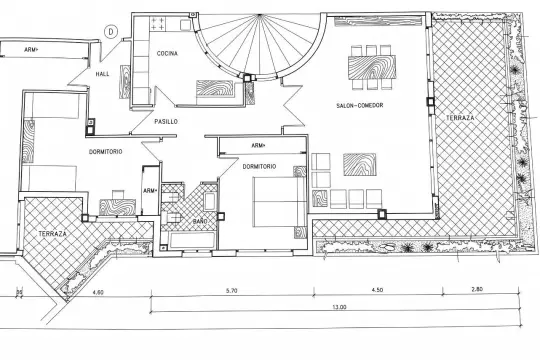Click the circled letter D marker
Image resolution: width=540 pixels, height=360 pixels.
(x=111, y=32)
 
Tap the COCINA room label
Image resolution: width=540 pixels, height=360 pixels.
(x=167, y=53)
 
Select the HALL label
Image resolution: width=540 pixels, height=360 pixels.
(x=102, y=74)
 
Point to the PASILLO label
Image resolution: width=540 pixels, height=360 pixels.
(x=166, y=122)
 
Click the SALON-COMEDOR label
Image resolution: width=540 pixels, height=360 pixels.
(x=360, y=105)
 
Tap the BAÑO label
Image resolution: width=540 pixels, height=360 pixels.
(x=200, y=221)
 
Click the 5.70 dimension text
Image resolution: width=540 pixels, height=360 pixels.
(x=232, y=290)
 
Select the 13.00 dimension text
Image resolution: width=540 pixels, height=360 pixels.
(x=339, y=307)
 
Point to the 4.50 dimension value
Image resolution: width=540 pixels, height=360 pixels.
(x=377, y=290)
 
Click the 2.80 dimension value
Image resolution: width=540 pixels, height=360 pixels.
(x=477, y=289)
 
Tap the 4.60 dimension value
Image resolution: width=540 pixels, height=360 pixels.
(x=98, y=292)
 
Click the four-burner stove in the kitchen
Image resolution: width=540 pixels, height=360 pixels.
(x=158, y=23)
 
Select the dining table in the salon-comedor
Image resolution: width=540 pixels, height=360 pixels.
(x=372, y=67)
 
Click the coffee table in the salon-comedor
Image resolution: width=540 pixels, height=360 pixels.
(x=360, y=164)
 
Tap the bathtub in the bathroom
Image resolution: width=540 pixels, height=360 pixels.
(x=193, y=240)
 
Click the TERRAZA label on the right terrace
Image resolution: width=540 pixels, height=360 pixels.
(x=460, y=118)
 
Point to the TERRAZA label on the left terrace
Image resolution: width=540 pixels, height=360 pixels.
(x=52, y=234)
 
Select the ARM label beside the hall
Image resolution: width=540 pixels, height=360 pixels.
(x=31, y=50)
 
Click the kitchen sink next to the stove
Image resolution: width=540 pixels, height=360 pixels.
(x=185, y=25)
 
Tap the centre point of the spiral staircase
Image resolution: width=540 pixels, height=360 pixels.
(x=259, y=15)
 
